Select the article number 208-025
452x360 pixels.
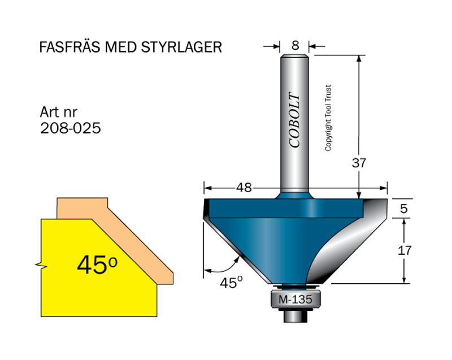click(x=71, y=128)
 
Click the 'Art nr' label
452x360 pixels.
click(x=60, y=111)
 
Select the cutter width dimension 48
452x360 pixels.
click(x=245, y=188)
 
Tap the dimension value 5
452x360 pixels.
click(x=403, y=209)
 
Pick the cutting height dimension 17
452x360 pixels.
click(x=403, y=249)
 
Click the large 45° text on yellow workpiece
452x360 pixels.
click(x=97, y=264)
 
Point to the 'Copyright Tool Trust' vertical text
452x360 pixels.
click(x=328, y=118)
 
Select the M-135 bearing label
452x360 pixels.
click(x=294, y=300)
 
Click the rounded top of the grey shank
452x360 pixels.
click(x=294, y=56)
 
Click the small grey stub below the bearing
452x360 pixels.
click(x=294, y=316)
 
